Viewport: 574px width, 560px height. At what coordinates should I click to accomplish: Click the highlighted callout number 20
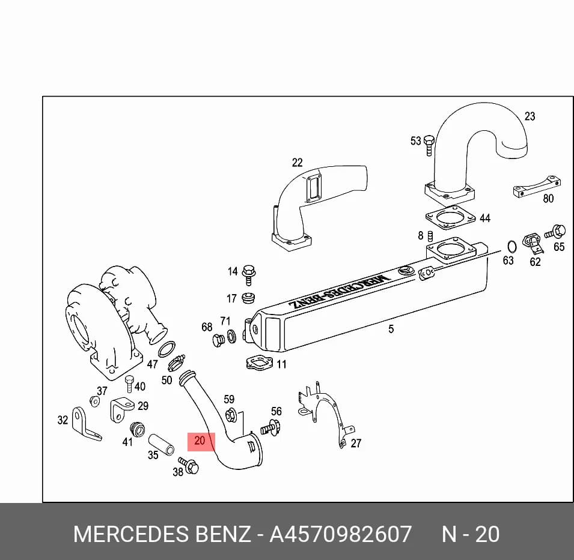(x=200, y=441)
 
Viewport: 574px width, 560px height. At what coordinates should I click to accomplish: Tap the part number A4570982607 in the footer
(x=340, y=534)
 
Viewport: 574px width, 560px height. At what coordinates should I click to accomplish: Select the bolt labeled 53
(x=429, y=145)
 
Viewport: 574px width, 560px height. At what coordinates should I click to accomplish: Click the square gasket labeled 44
(x=450, y=217)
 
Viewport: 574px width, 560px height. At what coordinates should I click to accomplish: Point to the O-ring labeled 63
(x=511, y=247)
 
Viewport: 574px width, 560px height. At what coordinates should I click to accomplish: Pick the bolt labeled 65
(x=555, y=232)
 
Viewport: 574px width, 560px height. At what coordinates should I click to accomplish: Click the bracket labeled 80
(x=537, y=187)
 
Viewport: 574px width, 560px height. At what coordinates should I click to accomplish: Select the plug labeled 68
(x=219, y=340)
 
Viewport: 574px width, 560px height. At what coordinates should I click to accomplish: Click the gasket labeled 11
(x=259, y=363)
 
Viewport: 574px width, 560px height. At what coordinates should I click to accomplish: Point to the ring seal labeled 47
(x=166, y=349)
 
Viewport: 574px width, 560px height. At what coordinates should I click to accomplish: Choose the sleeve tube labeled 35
(x=161, y=445)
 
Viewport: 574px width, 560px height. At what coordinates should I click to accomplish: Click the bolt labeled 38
(x=189, y=465)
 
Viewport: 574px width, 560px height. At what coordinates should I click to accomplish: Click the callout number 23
(x=530, y=116)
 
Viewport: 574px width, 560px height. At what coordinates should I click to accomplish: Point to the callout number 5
(x=391, y=329)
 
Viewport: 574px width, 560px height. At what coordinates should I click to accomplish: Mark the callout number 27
(x=356, y=443)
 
